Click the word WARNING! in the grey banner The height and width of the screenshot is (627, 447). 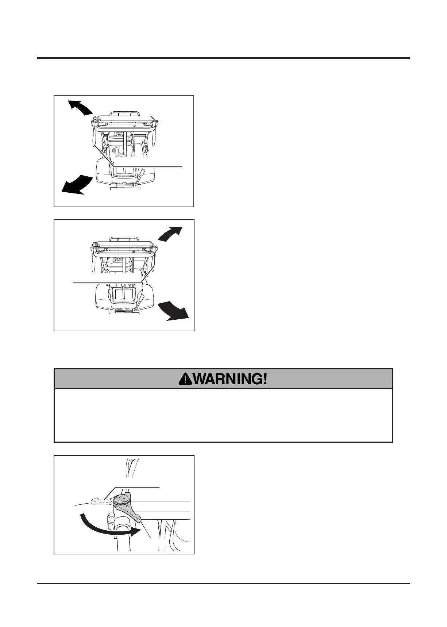pyautogui.click(x=230, y=379)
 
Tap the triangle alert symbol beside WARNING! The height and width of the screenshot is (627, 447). pyautogui.click(x=185, y=379)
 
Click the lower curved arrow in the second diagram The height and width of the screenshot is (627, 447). pyautogui.click(x=173, y=311)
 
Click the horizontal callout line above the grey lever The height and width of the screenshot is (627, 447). pyautogui.click(x=137, y=487)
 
